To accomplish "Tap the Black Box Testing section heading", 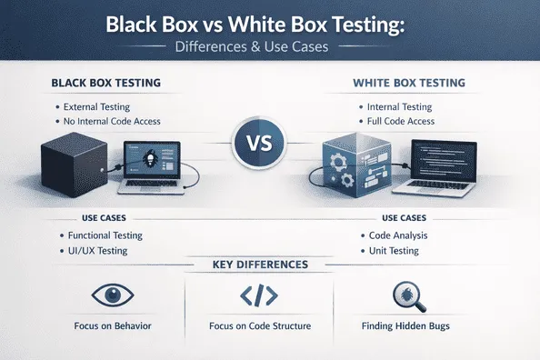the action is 107,84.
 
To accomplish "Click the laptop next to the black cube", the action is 155,165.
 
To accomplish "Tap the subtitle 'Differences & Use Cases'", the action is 269,45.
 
